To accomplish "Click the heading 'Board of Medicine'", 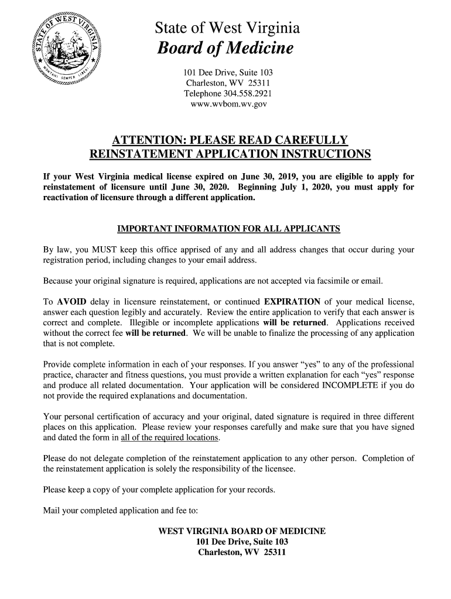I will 225,49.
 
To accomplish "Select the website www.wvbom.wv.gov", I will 229,104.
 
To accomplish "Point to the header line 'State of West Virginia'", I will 227,27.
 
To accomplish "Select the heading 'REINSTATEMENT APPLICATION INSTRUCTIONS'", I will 230,154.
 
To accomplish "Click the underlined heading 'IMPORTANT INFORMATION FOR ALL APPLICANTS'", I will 229,228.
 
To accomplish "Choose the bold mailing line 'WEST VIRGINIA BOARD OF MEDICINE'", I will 242,532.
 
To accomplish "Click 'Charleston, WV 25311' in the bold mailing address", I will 242,553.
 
